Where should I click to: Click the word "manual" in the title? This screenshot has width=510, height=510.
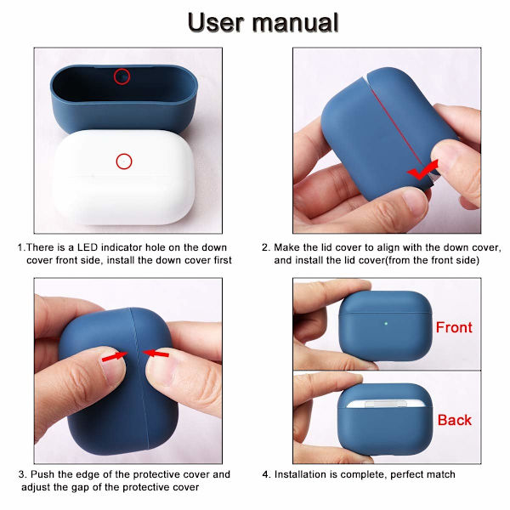[295, 22]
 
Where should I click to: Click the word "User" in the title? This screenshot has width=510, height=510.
[216, 22]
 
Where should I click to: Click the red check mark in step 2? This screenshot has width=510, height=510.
[422, 169]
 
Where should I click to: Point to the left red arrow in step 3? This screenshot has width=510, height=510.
[115, 357]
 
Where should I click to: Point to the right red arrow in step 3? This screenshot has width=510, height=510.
[156, 354]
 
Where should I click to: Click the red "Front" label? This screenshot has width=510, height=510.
[454, 327]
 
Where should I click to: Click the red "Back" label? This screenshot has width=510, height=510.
[455, 420]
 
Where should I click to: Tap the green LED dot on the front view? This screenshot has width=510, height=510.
[386, 324]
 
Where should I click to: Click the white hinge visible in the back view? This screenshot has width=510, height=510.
[386, 404]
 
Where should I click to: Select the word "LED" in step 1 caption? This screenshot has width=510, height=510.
[88, 247]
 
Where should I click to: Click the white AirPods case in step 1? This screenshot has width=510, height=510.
[123, 178]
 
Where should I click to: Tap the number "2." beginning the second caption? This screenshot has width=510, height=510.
[266, 247]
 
